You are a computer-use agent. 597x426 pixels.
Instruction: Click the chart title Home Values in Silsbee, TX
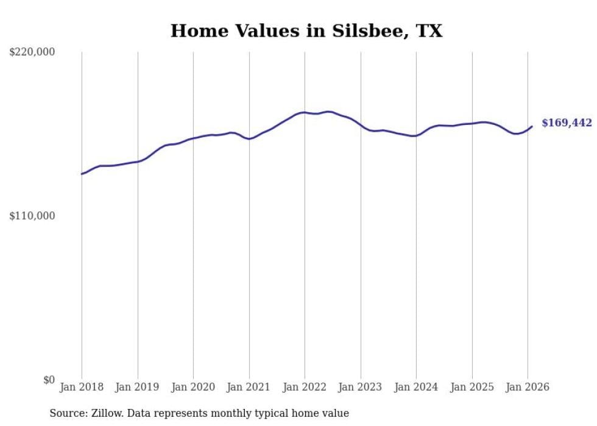coord(306,30)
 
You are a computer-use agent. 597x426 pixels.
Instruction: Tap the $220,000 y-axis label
coord(32,52)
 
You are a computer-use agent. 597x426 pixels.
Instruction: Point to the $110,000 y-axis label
coord(32,216)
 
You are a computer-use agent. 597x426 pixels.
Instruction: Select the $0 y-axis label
coord(49,380)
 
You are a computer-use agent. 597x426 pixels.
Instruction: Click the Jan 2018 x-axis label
coord(82,387)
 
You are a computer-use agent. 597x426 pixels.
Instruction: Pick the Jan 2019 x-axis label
coord(137,387)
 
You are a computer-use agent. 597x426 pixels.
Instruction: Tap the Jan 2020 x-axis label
coord(193,387)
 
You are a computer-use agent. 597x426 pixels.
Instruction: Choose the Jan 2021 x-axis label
coord(249,387)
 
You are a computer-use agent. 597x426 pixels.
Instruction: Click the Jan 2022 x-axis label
coord(305,387)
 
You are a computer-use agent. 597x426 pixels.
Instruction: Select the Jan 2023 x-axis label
coord(360,387)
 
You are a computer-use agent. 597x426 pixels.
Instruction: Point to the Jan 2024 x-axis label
coord(416,387)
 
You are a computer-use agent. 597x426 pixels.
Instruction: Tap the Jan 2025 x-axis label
coord(472,387)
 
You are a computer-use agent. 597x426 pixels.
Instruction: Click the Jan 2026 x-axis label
coord(528,387)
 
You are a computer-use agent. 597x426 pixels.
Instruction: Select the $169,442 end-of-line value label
coord(567,123)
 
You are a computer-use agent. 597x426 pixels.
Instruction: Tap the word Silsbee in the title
coord(369,30)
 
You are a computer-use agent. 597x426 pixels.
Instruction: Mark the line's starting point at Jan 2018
coord(82,174)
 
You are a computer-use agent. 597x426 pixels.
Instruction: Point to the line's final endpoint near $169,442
coord(532,127)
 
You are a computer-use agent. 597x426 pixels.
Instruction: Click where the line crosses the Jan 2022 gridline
coord(305,112)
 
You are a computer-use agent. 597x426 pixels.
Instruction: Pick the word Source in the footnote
coord(66,414)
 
